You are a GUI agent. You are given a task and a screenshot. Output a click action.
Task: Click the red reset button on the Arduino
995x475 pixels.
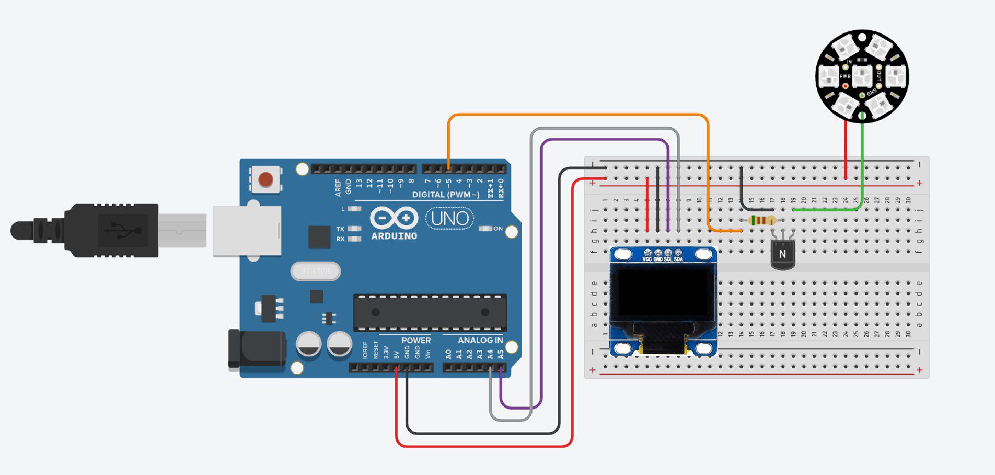(x=265, y=179)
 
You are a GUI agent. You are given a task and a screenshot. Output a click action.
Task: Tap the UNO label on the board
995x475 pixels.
(x=450, y=218)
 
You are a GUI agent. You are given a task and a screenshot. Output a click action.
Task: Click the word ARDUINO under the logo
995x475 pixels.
(x=394, y=236)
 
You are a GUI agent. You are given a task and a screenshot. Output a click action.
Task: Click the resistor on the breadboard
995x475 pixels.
(x=762, y=220)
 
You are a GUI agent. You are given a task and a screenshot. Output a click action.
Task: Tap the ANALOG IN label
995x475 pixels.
(x=480, y=341)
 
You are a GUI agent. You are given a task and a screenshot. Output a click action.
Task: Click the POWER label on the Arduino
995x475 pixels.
(x=416, y=341)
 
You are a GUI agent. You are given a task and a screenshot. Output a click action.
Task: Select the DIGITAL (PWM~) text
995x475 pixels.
(x=445, y=195)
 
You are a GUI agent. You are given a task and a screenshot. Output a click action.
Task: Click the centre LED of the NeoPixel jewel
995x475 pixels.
(x=862, y=76)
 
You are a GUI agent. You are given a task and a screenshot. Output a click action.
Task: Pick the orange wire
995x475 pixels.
(x=575, y=115)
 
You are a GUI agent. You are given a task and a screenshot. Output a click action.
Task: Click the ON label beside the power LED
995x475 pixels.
(x=498, y=229)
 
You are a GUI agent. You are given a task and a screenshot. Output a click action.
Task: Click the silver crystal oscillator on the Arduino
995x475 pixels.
(x=315, y=272)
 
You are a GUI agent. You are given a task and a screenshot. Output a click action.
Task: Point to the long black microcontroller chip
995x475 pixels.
(x=430, y=313)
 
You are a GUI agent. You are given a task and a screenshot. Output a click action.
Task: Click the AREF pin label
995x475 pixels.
(x=338, y=187)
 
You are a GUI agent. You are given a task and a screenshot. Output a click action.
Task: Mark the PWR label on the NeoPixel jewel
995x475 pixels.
(x=844, y=76)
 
